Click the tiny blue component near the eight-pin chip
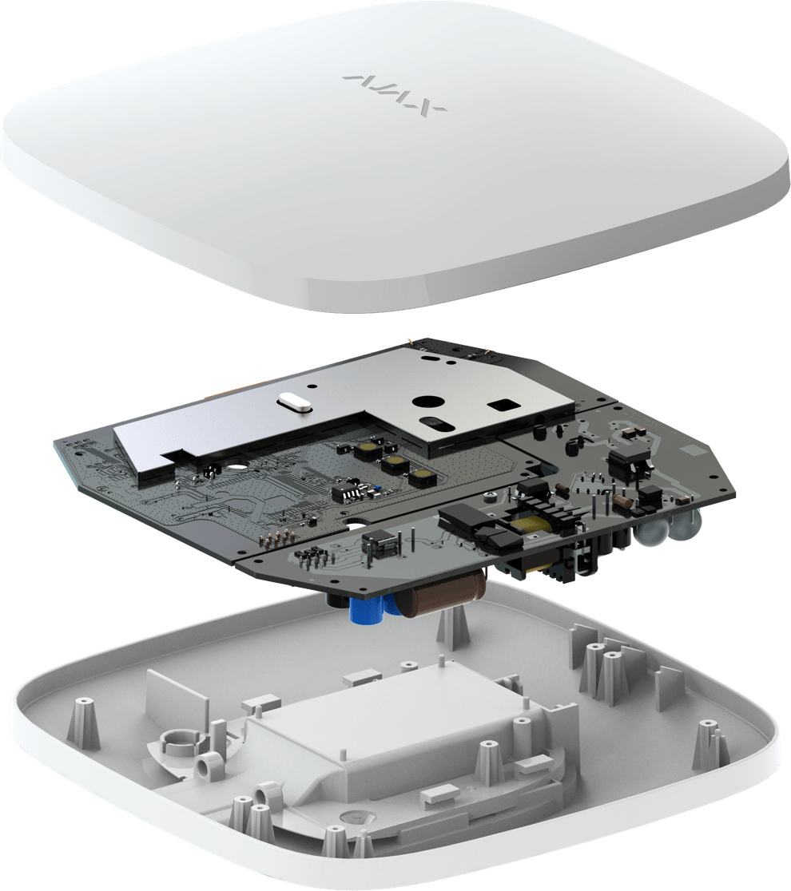point(375,489)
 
